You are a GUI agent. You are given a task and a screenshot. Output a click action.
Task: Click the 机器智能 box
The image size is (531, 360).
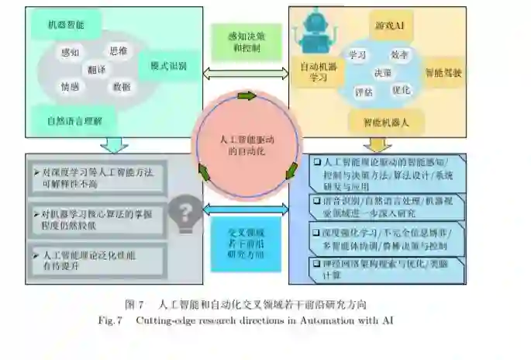pyautogui.click(x=65, y=26)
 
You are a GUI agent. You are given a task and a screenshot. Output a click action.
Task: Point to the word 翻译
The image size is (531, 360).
pyautogui.click(x=98, y=68)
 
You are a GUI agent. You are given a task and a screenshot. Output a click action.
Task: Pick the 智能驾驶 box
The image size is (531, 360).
pyautogui.click(x=443, y=72)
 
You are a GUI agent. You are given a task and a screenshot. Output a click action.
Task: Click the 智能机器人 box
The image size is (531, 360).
pyautogui.click(x=391, y=122)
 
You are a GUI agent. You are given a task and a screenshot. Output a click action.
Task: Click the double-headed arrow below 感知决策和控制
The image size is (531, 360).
pyautogui.click(x=244, y=73)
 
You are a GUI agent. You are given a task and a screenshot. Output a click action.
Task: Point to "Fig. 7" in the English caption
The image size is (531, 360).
pyautogui.click(x=114, y=320)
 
